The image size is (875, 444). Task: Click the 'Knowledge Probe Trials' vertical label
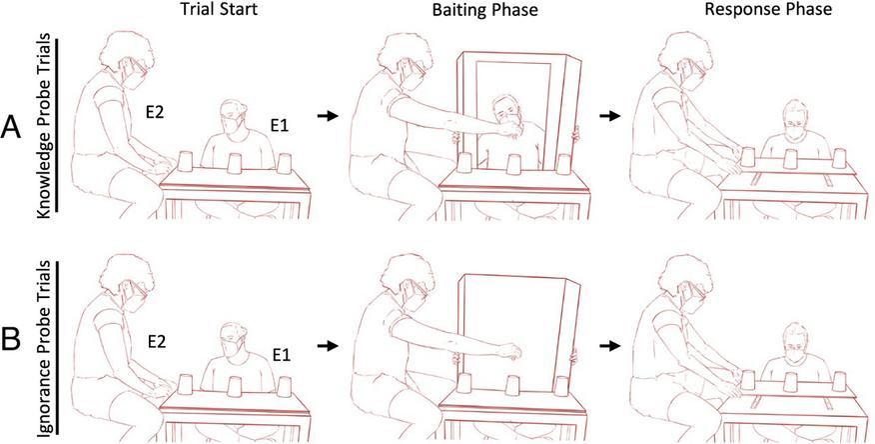click(45, 125)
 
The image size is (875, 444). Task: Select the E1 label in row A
click(280, 127)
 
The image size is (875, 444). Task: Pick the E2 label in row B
click(159, 340)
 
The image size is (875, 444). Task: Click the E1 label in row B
click(283, 354)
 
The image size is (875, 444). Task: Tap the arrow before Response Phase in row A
click(609, 116)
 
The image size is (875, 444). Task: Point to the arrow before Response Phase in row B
click(609, 346)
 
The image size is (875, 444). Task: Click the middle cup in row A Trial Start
click(234, 162)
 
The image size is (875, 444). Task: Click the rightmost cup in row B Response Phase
click(838, 381)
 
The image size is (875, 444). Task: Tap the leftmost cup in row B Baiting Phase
click(464, 385)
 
